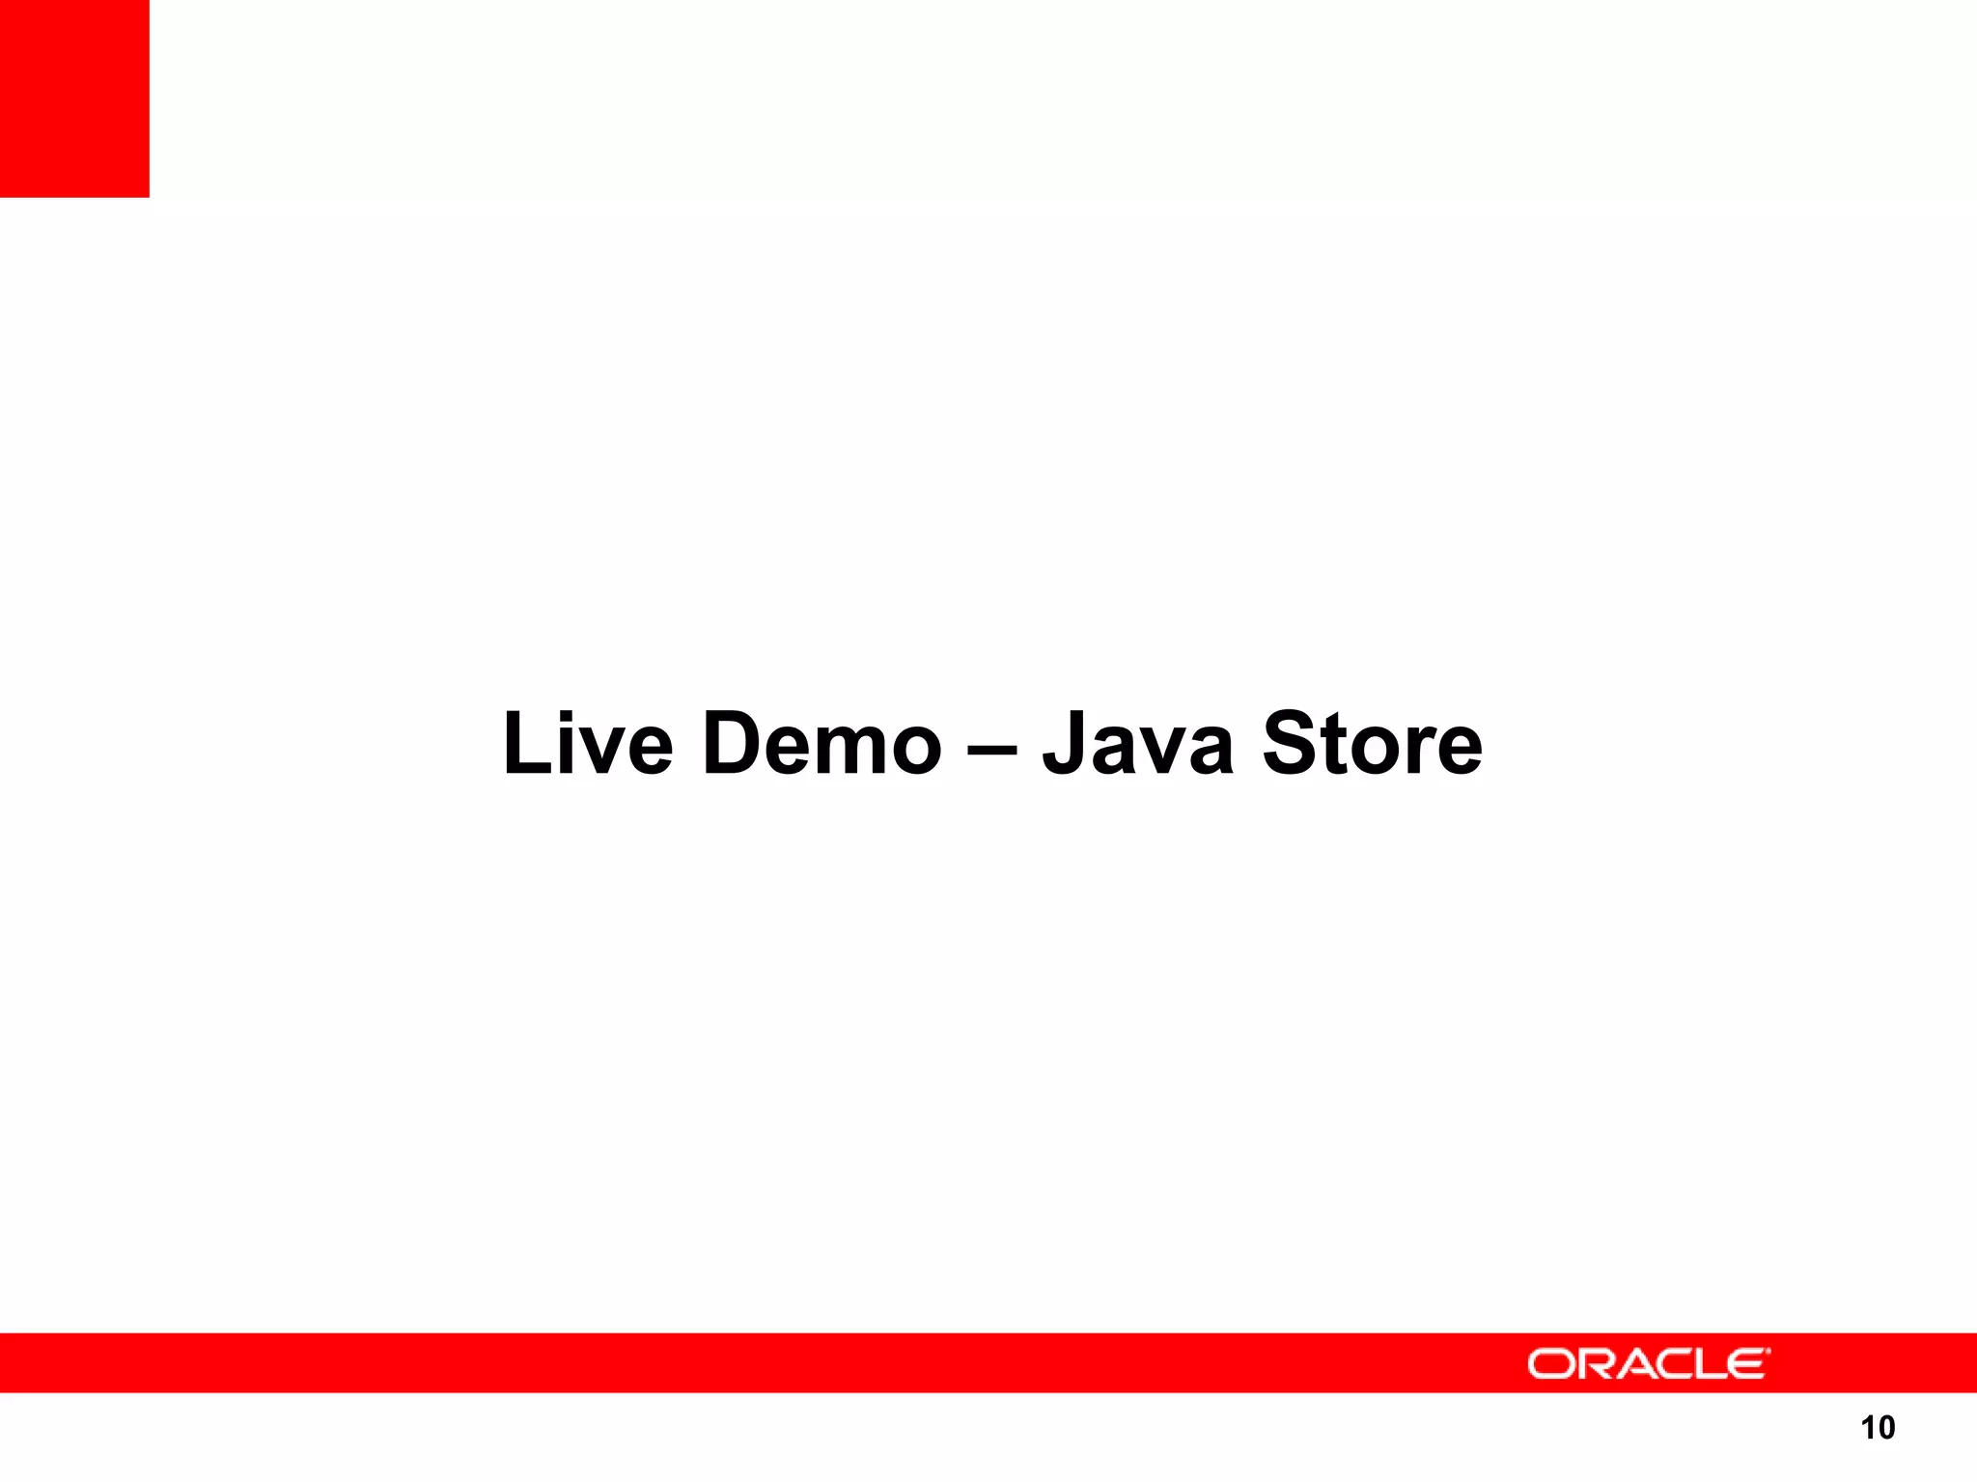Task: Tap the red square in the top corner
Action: click(74, 98)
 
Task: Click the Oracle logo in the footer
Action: click(1649, 1363)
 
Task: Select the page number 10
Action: click(1878, 1428)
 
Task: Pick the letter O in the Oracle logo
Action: click(1550, 1364)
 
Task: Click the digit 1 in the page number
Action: click(1867, 1428)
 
